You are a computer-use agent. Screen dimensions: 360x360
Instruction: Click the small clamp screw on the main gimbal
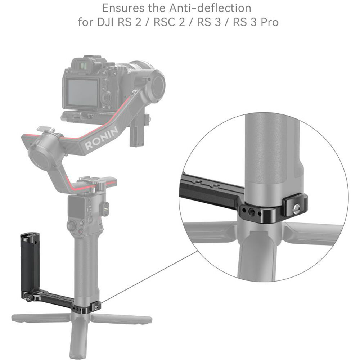click(97, 306)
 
